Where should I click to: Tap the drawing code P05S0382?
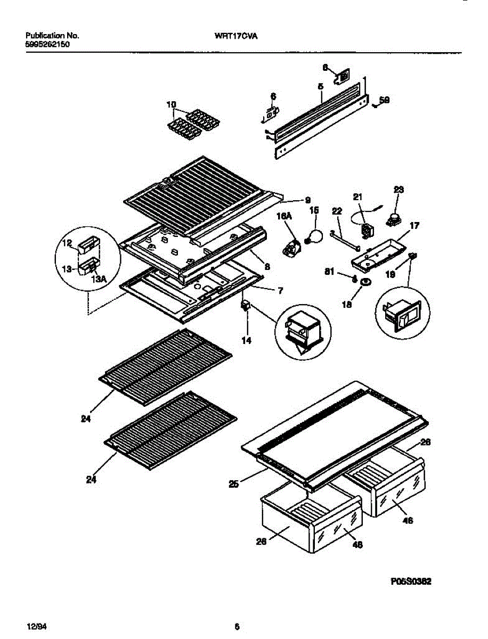410,582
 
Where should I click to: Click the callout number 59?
384,99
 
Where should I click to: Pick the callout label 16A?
283,216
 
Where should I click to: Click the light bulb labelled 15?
315,235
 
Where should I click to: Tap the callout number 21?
357,197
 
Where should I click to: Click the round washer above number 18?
365,281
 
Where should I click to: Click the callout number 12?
67,244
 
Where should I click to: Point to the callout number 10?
170,105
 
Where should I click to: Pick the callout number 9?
307,200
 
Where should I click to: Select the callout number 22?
336,211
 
